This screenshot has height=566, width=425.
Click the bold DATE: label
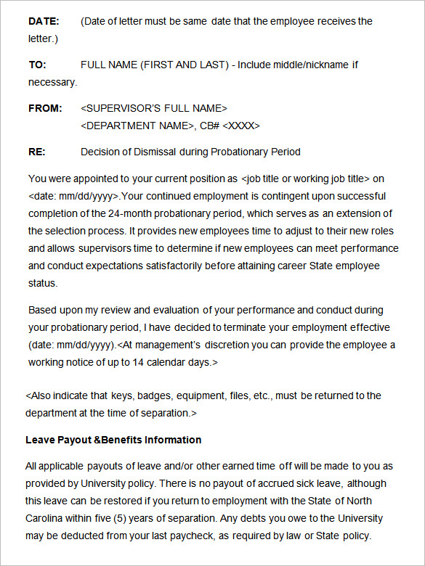(x=44, y=21)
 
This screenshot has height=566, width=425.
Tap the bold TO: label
(x=37, y=65)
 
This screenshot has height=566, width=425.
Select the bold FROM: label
(x=45, y=108)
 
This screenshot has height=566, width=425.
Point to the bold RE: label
(x=36, y=152)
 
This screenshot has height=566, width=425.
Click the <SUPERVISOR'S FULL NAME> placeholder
(x=154, y=108)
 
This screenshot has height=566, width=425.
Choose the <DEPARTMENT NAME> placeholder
(x=137, y=126)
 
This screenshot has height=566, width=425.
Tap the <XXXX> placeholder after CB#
(x=240, y=126)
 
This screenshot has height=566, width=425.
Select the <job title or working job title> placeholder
(x=305, y=179)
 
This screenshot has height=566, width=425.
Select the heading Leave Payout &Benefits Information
(x=113, y=440)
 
